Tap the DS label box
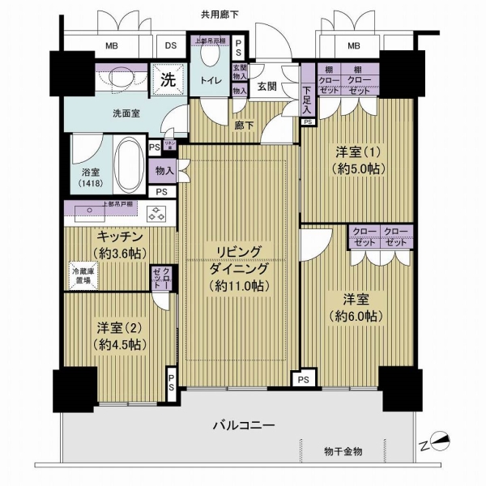point(171,46)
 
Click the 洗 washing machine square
point(168,79)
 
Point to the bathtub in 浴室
point(127,161)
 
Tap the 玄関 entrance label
point(268,87)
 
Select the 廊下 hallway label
point(244,126)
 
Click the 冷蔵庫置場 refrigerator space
point(81,275)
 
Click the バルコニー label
point(244,425)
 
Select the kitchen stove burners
point(156,214)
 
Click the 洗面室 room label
point(126,114)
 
